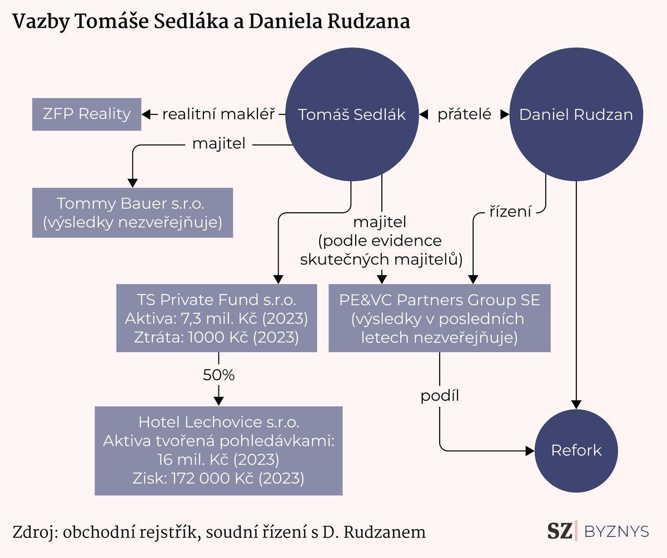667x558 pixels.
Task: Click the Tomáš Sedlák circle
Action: coord(352,114)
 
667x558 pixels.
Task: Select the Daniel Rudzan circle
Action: coord(576,114)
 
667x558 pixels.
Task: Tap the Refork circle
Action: coord(576,451)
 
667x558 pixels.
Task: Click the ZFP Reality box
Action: coord(87,114)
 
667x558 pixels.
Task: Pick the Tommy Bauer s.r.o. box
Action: coord(133,213)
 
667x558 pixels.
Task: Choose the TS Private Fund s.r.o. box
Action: coord(217,318)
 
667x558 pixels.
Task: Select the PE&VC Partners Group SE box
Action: coord(440,318)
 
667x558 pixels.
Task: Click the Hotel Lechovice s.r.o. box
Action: coord(218,451)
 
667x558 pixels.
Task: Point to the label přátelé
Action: coord(464,114)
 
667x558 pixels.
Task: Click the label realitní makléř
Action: coord(218,114)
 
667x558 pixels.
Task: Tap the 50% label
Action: coord(218,375)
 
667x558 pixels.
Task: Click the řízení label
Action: coord(510,211)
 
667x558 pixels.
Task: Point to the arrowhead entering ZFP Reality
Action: coord(146,114)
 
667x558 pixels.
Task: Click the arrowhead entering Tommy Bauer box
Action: coord(133,183)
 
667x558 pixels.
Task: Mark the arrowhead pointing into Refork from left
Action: coord(530,451)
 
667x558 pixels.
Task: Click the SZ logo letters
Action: coord(559,531)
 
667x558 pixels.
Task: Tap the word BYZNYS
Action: coord(616,531)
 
